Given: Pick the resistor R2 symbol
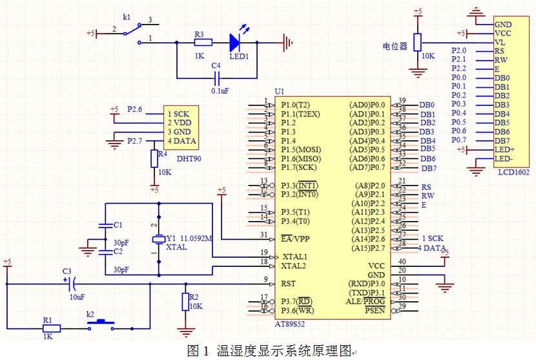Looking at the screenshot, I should point(186,302).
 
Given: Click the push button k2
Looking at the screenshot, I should point(101,322).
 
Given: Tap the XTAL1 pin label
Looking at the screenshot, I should point(295,256).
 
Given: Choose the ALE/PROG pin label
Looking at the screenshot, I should point(366,302).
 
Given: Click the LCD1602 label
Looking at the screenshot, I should point(514,172).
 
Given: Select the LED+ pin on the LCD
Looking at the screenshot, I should point(504,150).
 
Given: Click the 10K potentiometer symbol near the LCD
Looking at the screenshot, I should point(418,43).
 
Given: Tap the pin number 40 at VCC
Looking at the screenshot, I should point(402,261).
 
